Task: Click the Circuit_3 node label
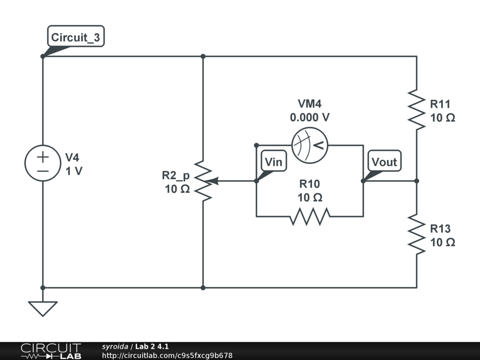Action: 75,38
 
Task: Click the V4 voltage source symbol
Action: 43,163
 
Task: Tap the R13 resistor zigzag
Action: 416,234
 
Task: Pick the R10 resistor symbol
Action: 310,216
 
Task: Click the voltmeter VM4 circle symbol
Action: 309,145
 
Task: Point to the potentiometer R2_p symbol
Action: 203,181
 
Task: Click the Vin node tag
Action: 273,162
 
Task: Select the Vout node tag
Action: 384,162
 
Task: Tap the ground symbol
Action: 43,308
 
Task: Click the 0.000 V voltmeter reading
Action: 309,118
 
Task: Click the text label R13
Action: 440,229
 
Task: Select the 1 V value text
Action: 74,171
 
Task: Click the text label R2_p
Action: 176,176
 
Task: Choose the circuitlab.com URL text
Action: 167,356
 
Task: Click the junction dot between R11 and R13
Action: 416,181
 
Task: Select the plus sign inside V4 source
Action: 43,157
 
